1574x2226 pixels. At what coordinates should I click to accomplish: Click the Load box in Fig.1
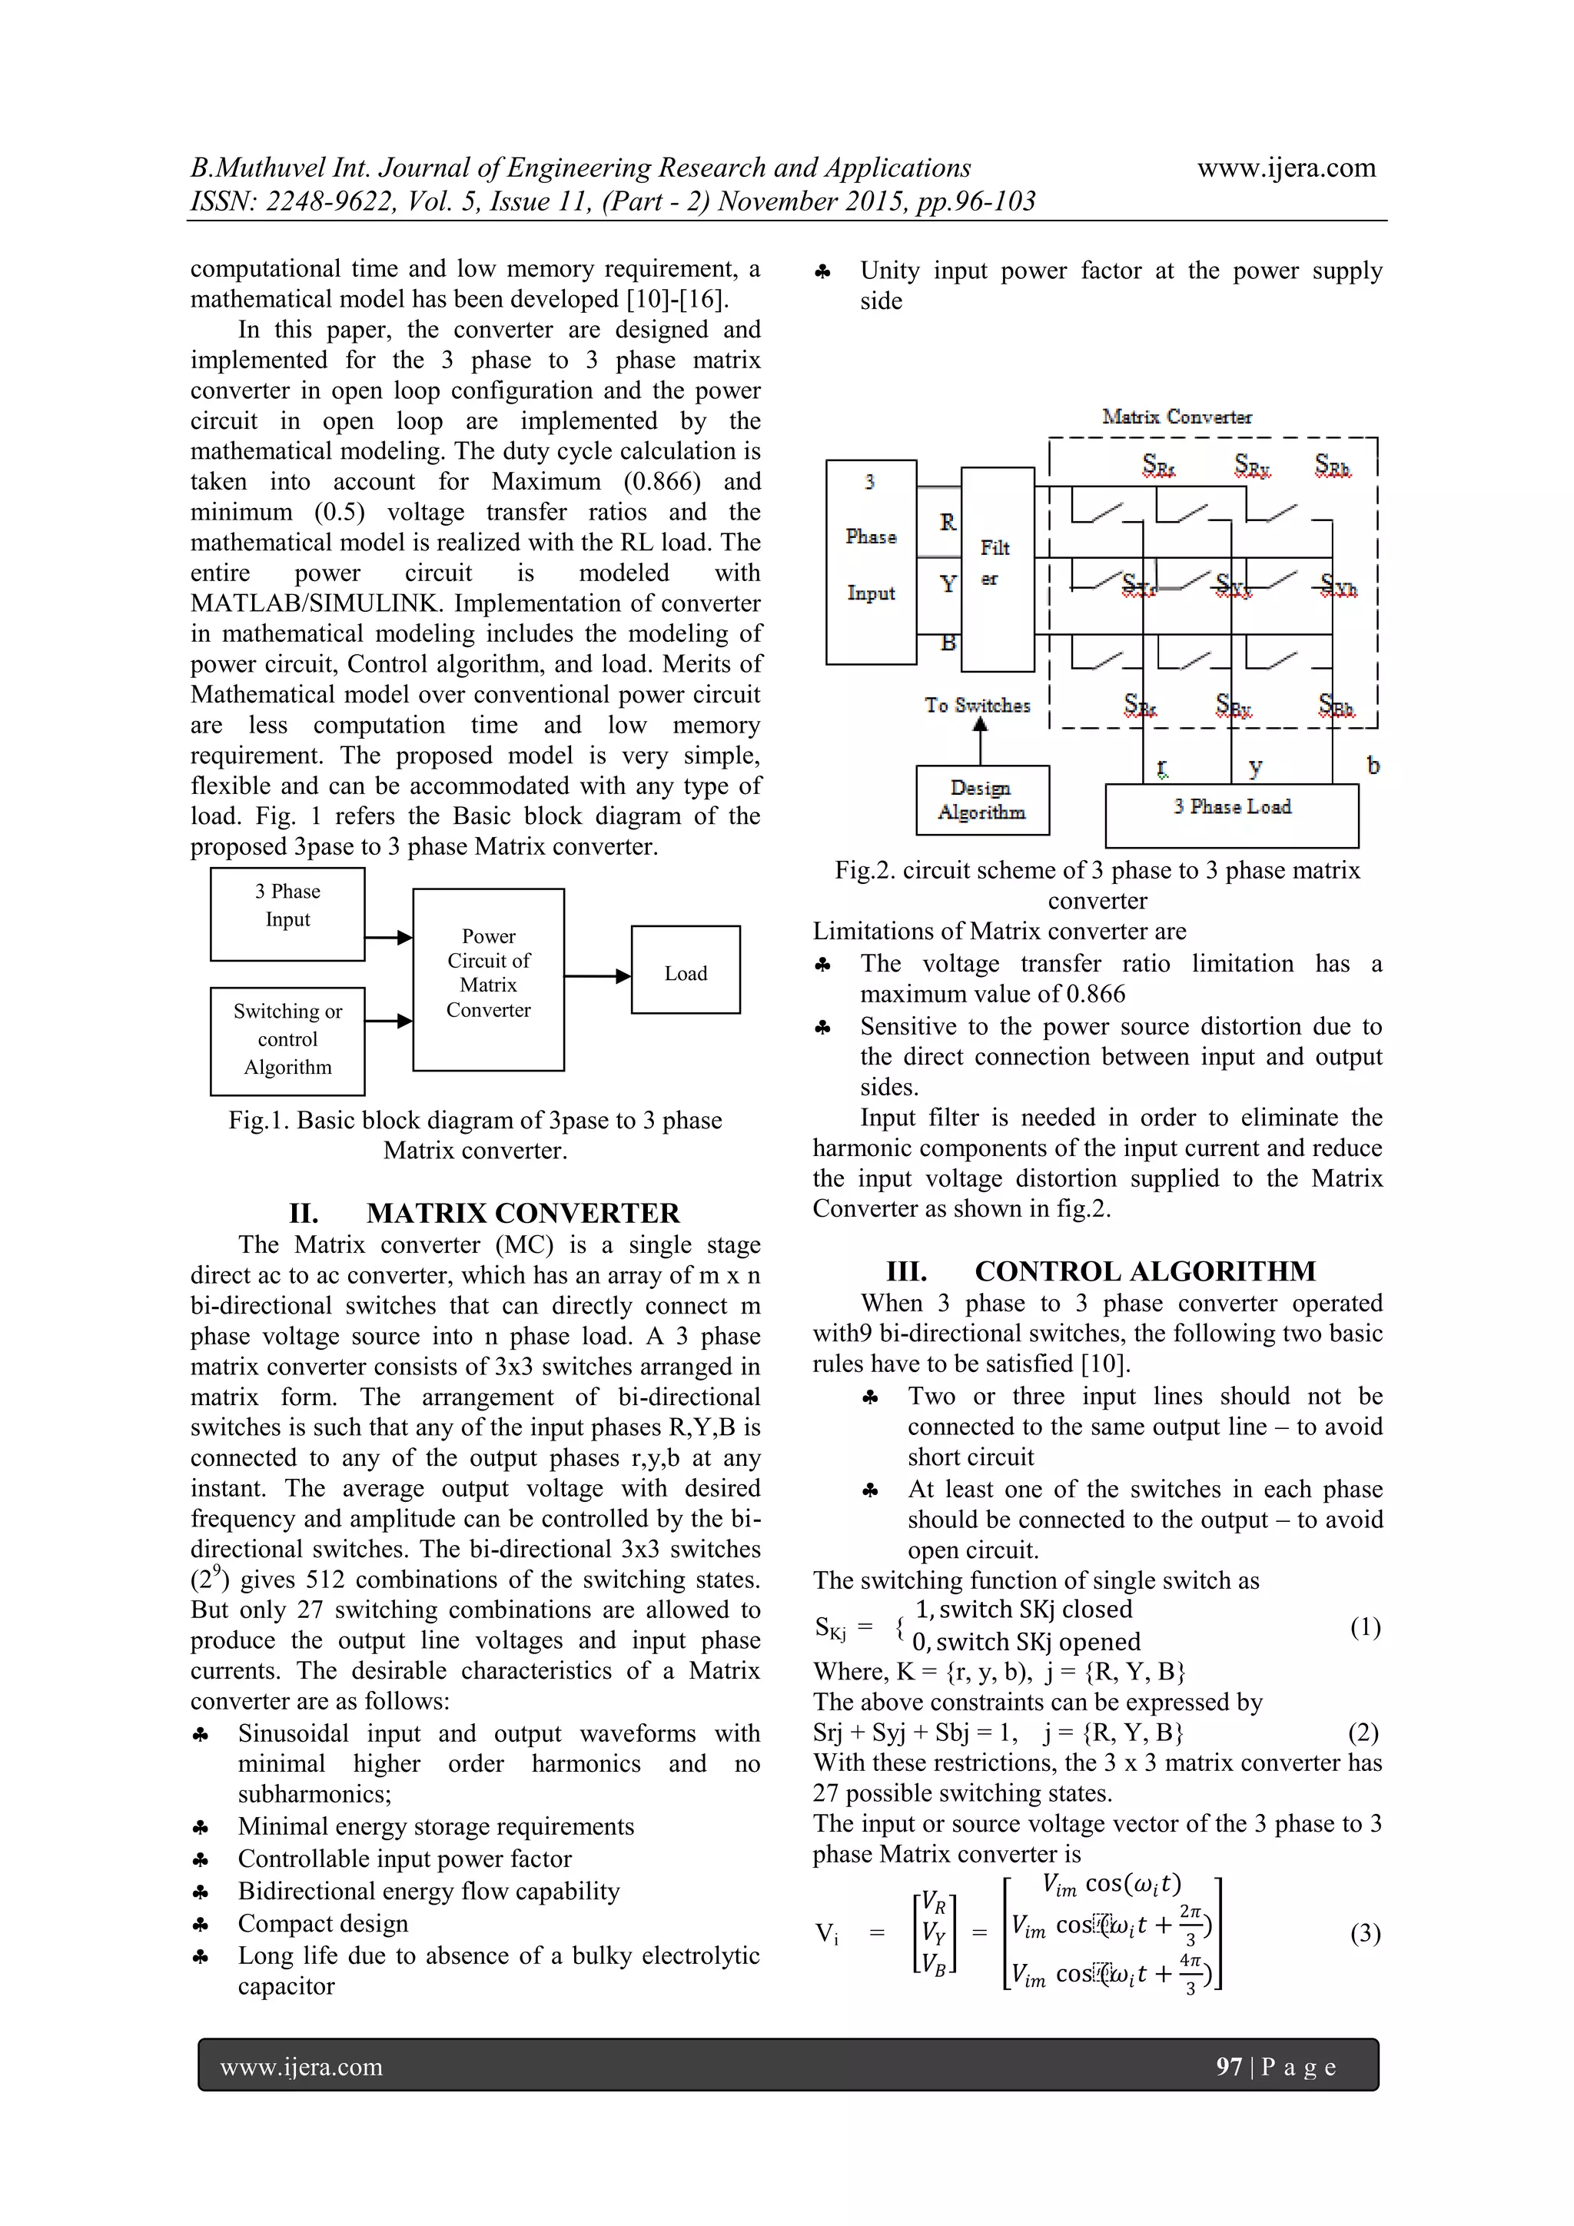[x=686, y=971]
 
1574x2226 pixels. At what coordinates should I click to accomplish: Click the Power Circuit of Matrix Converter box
[x=489, y=978]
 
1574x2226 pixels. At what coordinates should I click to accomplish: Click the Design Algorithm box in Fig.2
[x=981, y=800]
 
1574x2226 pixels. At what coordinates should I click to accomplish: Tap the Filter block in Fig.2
[x=996, y=569]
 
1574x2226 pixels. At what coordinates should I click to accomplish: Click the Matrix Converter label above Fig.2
[x=1176, y=417]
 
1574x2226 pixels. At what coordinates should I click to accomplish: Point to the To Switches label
[x=976, y=706]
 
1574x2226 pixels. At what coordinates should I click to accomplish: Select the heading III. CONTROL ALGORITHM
[x=1100, y=1271]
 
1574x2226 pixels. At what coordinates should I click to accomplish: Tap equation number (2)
[x=1362, y=1733]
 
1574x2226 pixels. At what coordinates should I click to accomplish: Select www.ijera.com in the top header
[x=1285, y=168]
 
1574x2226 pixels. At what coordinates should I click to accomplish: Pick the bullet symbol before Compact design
[x=201, y=1925]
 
